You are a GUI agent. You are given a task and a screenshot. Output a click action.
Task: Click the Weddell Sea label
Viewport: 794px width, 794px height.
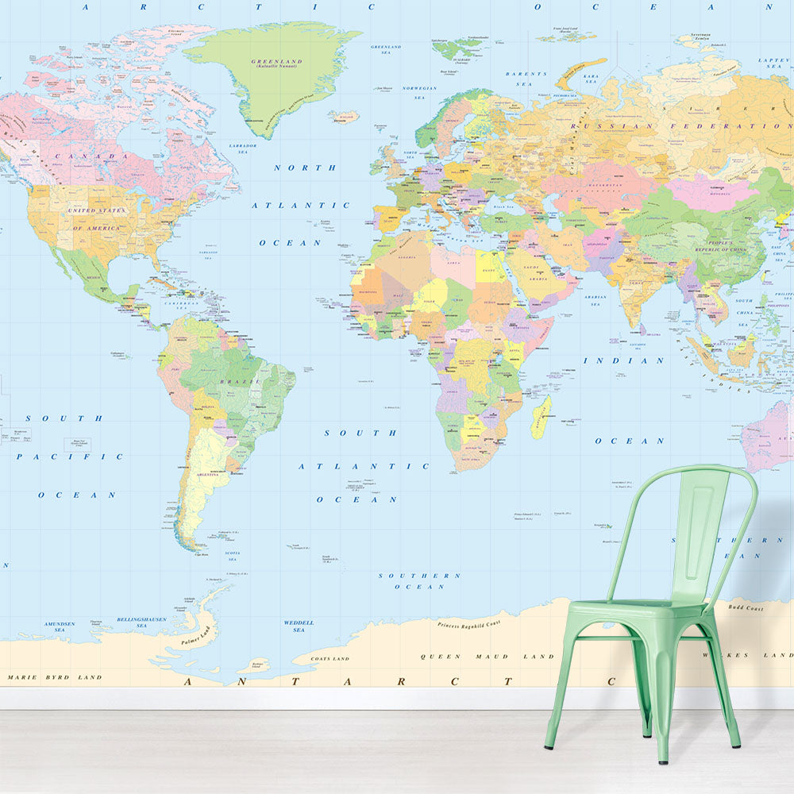pos(299,626)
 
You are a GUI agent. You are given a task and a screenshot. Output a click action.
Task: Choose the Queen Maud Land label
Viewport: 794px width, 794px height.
pos(487,657)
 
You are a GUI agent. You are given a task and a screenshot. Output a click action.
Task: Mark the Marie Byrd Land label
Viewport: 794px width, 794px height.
pos(55,677)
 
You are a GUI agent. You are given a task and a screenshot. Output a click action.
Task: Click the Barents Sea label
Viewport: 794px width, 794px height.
pos(526,78)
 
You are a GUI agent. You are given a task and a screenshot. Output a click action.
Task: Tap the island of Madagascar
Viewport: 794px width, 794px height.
pos(541,418)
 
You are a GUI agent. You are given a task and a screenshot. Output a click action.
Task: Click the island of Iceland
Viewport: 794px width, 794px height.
pos(343,118)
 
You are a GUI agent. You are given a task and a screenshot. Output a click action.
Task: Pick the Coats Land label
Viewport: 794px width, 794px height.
pos(330,658)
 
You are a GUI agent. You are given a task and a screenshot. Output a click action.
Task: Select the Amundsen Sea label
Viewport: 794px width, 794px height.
pos(60,626)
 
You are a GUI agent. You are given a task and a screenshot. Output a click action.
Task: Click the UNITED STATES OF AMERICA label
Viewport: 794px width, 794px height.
pos(98,219)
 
